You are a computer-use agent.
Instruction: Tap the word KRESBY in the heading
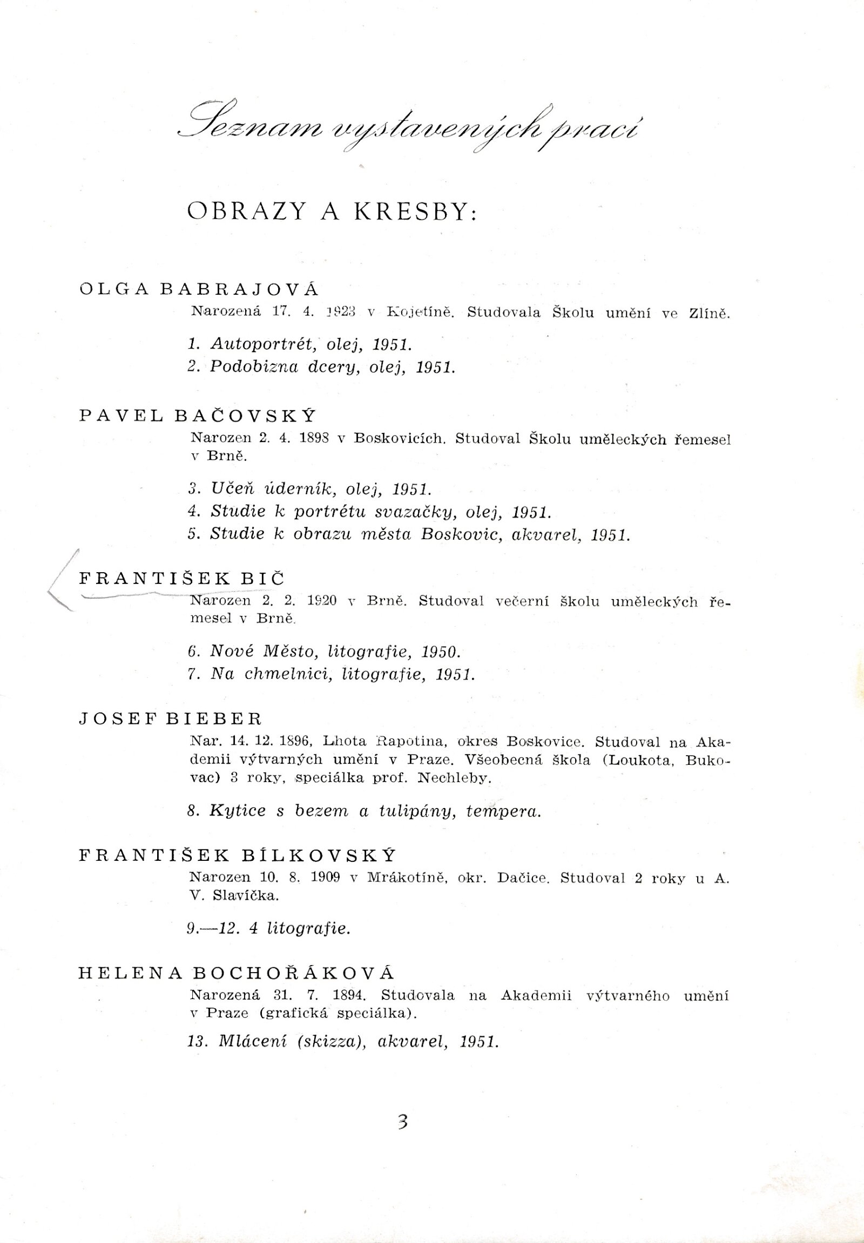[416, 212]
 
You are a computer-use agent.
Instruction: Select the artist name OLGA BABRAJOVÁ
[199, 289]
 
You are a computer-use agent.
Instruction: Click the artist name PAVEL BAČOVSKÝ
[197, 416]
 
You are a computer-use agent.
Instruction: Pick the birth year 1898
[314, 439]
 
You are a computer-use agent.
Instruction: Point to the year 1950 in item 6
[440, 651]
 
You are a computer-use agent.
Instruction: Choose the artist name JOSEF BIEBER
[171, 718]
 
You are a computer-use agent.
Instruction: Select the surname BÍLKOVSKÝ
[319, 855]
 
